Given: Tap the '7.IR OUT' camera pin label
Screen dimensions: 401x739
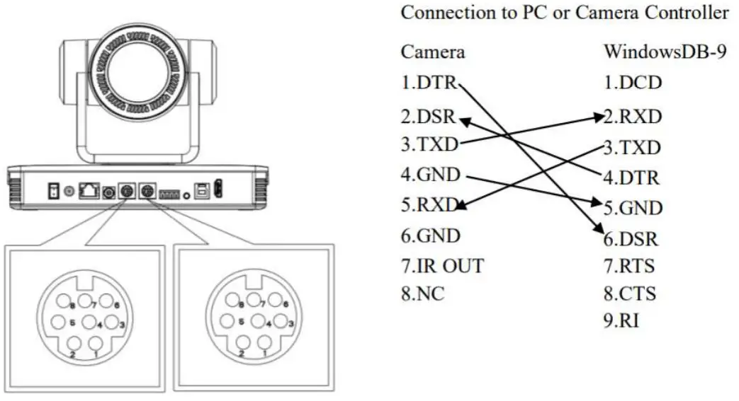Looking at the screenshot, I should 442,266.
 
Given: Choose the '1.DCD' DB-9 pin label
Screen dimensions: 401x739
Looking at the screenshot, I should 632,83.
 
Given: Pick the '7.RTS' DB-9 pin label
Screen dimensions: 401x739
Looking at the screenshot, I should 629,267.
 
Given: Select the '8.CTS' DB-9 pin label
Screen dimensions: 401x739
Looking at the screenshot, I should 629,293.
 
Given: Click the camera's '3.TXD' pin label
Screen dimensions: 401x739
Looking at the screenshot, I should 429,146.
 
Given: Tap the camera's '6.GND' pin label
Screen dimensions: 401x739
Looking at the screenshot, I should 431,235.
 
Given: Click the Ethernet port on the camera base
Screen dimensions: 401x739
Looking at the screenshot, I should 89,192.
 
